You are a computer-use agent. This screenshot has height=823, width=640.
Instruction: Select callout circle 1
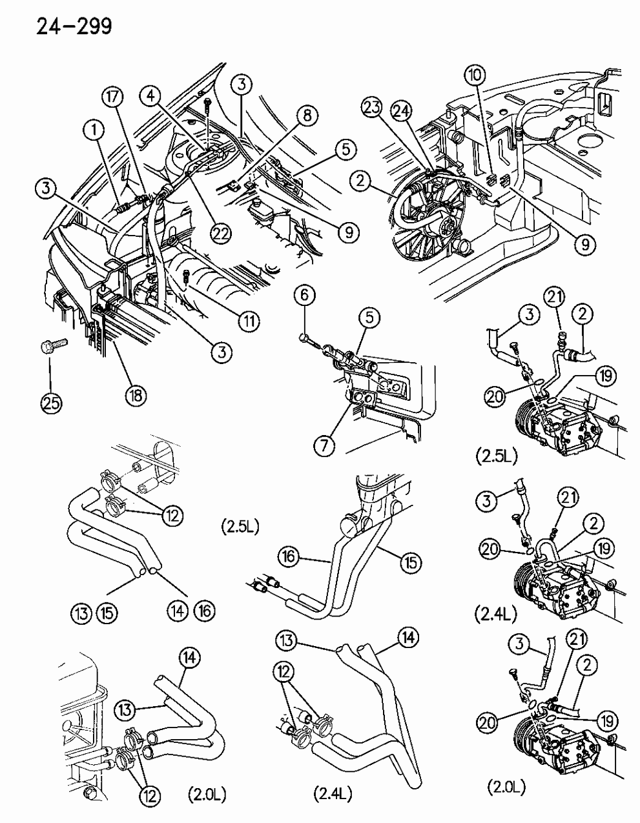click(95, 131)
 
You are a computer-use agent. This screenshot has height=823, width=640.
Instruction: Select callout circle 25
click(51, 403)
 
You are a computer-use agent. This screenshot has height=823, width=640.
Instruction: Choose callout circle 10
click(475, 77)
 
